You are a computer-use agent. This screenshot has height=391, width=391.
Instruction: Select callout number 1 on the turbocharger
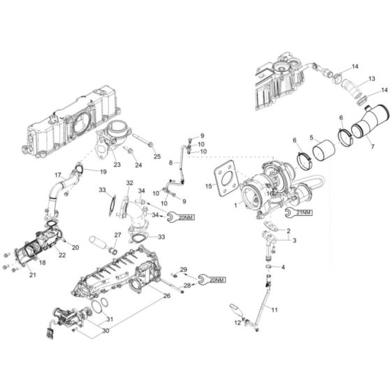[235, 205]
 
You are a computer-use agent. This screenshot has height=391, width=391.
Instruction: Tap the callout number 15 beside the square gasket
[208, 186]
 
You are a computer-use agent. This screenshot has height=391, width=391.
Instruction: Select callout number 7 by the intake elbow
[372, 148]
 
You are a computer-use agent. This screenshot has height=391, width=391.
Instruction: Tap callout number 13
[372, 80]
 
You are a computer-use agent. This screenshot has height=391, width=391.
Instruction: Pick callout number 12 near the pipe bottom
[237, 323]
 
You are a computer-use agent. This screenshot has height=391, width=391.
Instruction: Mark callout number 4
[283, 267]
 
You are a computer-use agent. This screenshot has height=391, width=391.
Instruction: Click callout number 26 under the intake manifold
[166, 295]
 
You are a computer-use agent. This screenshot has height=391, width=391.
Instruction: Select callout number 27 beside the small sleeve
[117, 235]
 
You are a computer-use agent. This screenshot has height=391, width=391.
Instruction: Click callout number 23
[117, 165]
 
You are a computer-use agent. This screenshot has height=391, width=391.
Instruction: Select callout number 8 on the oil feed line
[170, 163]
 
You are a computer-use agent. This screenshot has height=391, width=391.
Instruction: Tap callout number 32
[129, 182]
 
